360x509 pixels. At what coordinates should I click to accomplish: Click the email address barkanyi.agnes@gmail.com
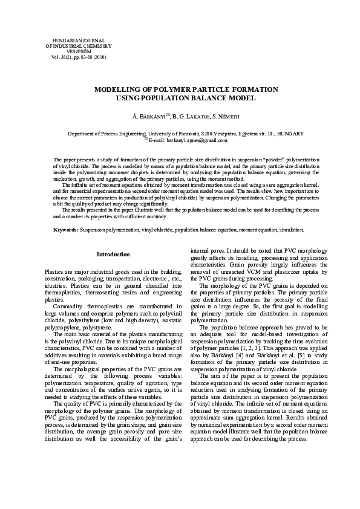[x=188, y=140]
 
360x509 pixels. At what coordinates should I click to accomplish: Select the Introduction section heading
[x=113, y=254]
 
